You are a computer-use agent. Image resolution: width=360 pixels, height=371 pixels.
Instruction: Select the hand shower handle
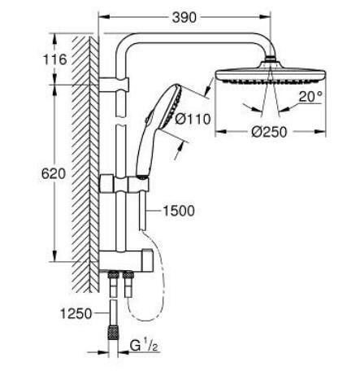(147, 154)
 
